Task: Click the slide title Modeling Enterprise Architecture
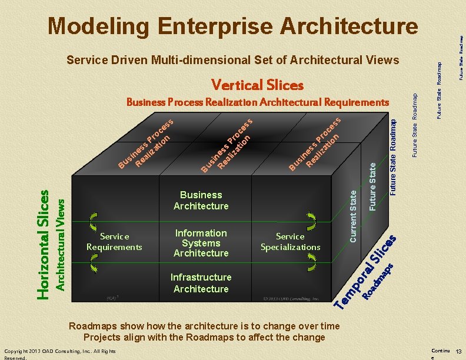233,26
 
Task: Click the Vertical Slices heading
257,85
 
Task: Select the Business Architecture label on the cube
201,200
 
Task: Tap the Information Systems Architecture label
201,243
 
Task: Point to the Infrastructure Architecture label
201,283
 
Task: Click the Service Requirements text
114,241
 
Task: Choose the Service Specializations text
290,241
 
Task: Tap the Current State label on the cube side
353,215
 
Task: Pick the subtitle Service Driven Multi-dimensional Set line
232,60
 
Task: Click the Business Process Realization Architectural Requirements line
258,102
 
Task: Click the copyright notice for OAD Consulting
59,354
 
